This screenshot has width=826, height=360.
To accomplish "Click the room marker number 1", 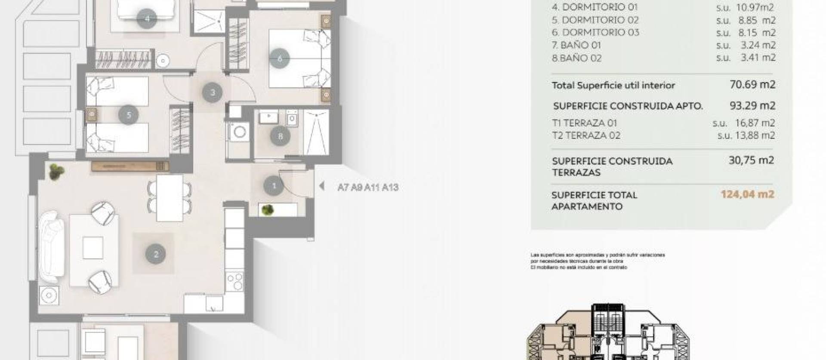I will pyautogui.click(x=274, y=186).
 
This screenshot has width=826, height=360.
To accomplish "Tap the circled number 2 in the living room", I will pyautogui.click(x=156, y=254).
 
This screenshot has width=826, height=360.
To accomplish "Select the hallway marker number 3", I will pyautogui.click(x=213, y=92).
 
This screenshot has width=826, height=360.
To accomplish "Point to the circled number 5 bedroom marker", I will pyautogui.click(x=129, y=115).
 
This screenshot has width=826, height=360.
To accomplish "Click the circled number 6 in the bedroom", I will pyautogui.click(x=280, y=58).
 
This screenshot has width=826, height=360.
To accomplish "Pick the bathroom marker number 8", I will pyautogui.click(x=280, y=136).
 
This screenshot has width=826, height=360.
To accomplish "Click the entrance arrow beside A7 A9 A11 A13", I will pyautogui.click(x=321, y=186).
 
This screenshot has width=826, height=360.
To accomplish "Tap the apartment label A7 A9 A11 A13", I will pyautogui.click(x=368, y=188).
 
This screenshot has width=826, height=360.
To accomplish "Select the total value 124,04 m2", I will pyautogui.click(x=747, y=194).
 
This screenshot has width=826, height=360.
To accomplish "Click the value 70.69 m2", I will pyautogui.click(x=752, y=85).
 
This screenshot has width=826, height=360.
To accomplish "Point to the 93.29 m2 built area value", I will pyautogui.click(x=752, y=105).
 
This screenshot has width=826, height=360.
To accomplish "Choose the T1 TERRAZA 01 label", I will pyautogui.click(x=584, y=123).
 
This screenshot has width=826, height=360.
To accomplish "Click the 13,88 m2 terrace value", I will pyautogui.click(x=755, y=135).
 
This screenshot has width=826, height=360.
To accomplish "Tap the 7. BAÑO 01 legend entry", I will pyautogui.click(x=576, y=45).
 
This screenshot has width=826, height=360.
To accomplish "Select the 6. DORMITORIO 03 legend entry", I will pyautogui.click(x=595, y=32).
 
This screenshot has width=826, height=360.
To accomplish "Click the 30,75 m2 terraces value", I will pyautogui.click(x=751, y=160).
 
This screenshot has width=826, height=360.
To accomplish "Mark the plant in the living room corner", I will pyautogui.click(x=56, y=172).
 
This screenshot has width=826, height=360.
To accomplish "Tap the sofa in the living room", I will pyautogui.click(x=52, y=247).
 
